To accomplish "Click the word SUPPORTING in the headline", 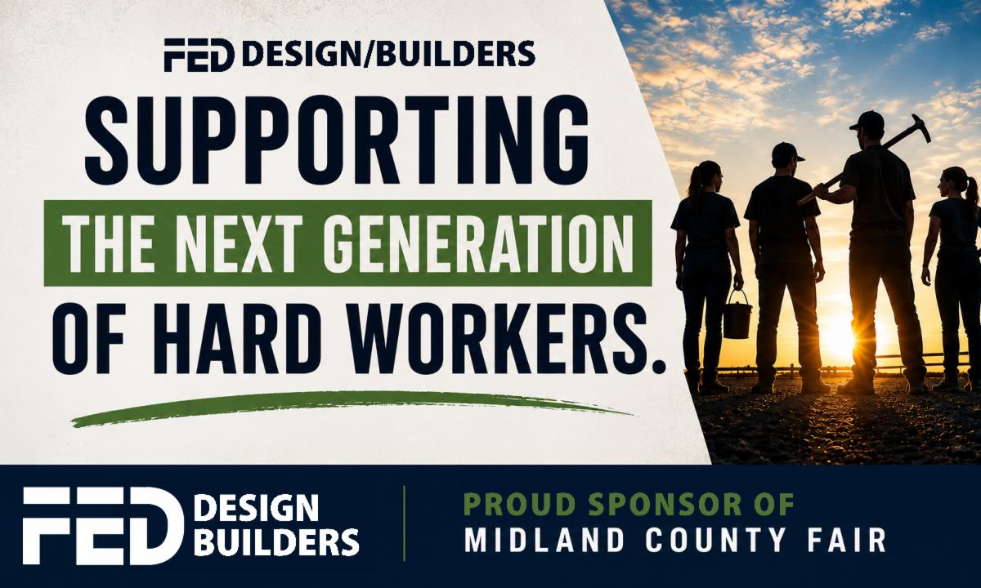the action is (x=337, y=140).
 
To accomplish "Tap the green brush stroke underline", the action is (x=351, y=408).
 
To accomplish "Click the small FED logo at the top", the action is (x=199, y=56).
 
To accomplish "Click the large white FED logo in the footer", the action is (x=103, y=525).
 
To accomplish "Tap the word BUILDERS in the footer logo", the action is (x=279, y=543).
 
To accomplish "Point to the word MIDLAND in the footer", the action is (x=544, y=540).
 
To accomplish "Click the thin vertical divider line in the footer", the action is (x=404, y=523).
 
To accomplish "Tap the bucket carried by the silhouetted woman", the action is (x=737, y=314).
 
